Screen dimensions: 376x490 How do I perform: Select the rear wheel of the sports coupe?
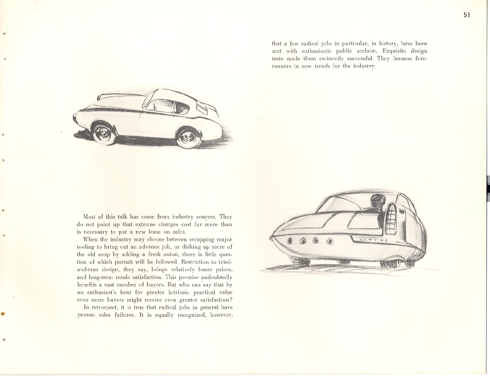[x=189, y=138]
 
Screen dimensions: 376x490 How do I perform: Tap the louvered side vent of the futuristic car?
[x=391, y=219]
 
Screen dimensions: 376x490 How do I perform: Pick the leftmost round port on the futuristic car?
[x=290, y=240]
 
